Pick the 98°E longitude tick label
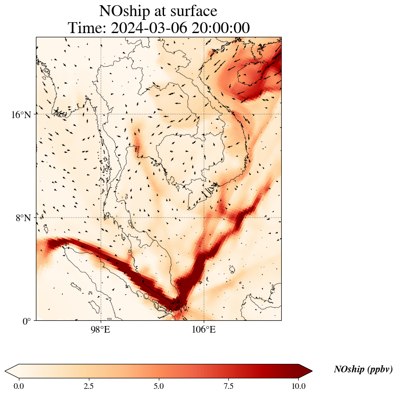tap(101, 329)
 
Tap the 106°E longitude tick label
tap(204, 329)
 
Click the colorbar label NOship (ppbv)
tap(363, 369)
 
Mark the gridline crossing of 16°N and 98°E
tap(101, 114)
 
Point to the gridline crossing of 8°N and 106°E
tap(204, 218)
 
